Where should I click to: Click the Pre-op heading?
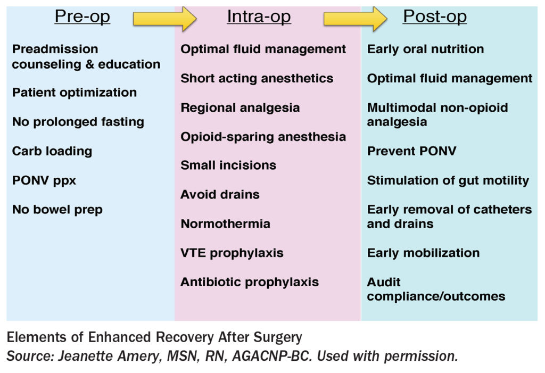82,16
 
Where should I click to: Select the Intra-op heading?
259,16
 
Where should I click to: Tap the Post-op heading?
434,16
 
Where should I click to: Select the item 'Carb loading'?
52,151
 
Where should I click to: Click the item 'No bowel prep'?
57,210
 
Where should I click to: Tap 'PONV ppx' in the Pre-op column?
44,180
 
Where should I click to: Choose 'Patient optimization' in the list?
74,93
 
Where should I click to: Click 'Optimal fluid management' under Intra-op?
263,49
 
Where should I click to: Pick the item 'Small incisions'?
228,165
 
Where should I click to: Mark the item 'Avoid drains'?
220,195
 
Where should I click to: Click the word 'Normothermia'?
225,224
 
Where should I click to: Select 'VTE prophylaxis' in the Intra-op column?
232,253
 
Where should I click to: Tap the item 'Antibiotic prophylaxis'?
249,282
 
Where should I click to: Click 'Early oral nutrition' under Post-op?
425,49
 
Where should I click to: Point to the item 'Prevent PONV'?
411,151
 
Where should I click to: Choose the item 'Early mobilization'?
423,253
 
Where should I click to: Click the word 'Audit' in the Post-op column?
384,282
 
